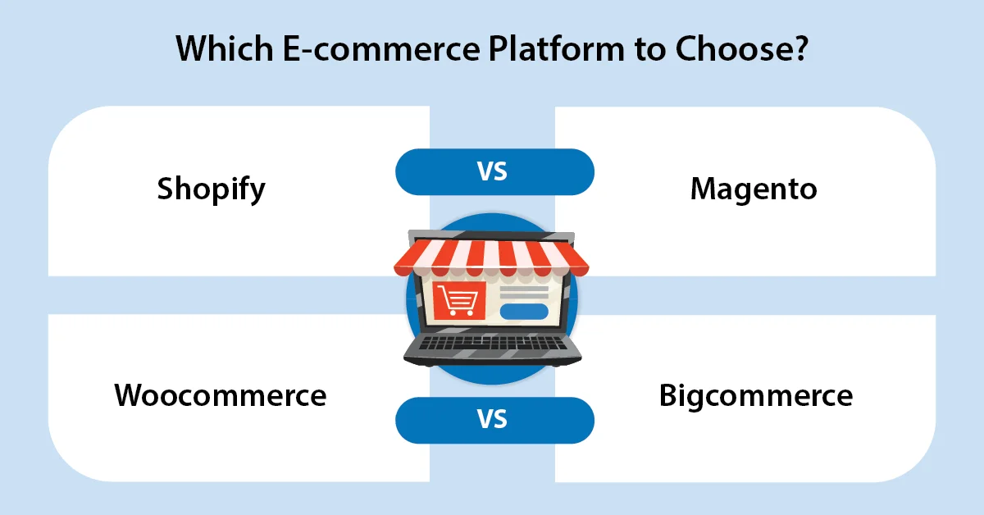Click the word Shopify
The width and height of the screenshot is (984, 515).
click(x=212, y=190)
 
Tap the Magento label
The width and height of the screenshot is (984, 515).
click(x=754, y=189)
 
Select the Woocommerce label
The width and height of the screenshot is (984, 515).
click(x=221, y=395)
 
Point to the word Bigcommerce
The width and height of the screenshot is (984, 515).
click(x=756, y=395)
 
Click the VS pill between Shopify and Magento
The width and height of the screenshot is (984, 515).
click(x=494, y=172)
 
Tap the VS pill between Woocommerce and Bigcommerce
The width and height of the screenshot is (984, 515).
click(x=494, y=420)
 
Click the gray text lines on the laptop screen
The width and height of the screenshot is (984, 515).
click(x=523, y=291)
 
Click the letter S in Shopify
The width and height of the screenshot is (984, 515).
click(x=166, y=189)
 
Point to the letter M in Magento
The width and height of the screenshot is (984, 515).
click(x=704, y=189)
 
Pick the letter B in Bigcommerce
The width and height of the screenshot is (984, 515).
click(x=669, y=395)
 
